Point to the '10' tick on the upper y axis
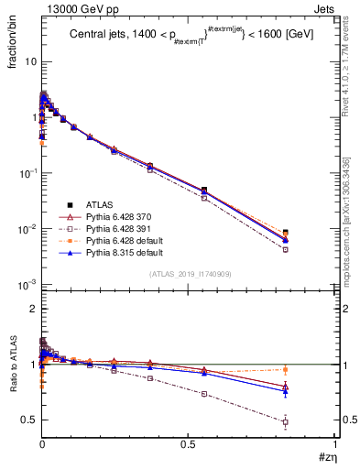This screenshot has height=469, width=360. pyautogui.click(x=29, y=61)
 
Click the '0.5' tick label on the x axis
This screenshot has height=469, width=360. pyautogui.click(x=188, y=443)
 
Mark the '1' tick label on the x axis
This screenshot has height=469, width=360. pyautogui.click(x=334, y=443)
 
